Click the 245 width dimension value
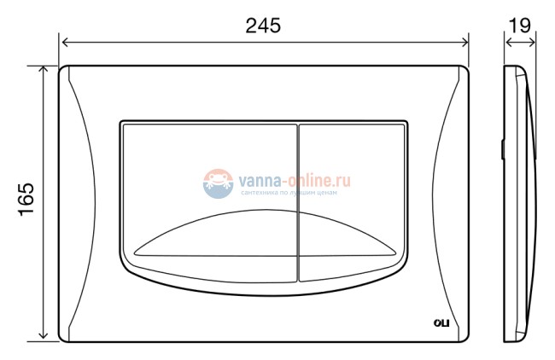point(263,26)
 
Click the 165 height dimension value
point(25,200)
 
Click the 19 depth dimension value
point(519,26)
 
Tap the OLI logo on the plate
point(441,322)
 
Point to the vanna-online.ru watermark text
point(289,180)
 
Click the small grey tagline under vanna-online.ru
point(289,194)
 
